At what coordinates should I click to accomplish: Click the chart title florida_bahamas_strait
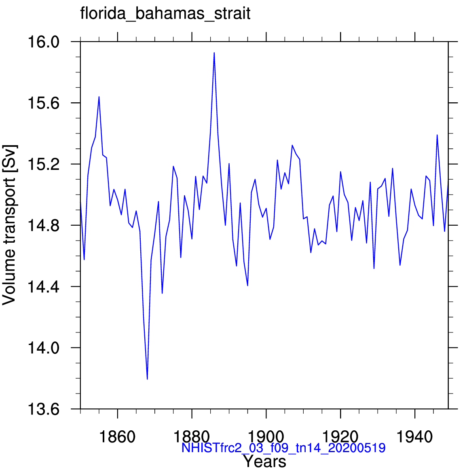(165, 14)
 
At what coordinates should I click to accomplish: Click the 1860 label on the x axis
(117, 437)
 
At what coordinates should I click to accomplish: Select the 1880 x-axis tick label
(192, 437)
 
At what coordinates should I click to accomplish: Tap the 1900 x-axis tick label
(266, 437)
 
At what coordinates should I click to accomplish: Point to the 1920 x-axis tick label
(341, 437)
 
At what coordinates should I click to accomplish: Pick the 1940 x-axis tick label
(415, 437)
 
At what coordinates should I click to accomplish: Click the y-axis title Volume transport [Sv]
(9, 225)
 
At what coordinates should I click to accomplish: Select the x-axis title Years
(265, 461)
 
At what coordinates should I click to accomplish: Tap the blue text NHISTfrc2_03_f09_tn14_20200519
(283, 448)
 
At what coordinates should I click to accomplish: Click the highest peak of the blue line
(214, 53)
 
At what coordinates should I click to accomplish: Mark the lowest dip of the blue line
(147, 379)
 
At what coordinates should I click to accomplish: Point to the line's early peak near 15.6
(99, 97)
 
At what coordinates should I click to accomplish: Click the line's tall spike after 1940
(437, 135)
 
